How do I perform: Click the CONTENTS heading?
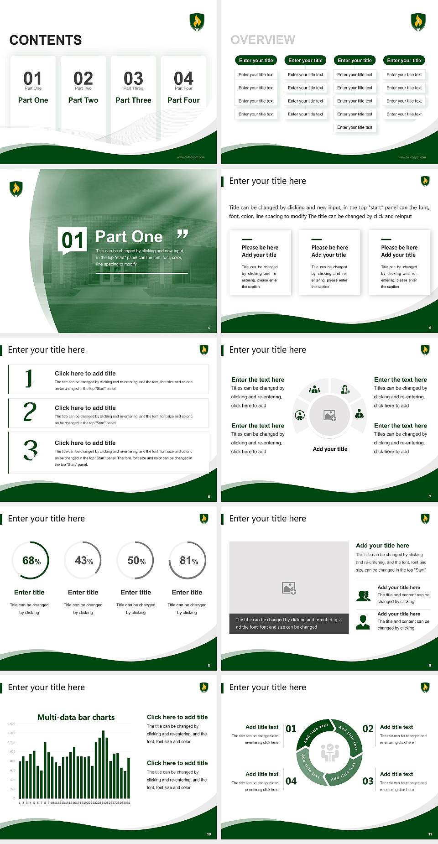[x=46, y=40]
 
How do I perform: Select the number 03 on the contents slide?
[x=133, y=78]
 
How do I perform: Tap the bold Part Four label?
[x=183, y=100]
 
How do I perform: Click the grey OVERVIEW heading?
[x=263, y=40]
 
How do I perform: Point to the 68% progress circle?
[x=31, y=560]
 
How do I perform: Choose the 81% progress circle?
[x=188, y=560]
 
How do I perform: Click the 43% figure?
[x=83, y=560]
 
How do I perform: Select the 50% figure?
[x=136, y=560]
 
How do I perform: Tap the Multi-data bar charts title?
[x=76, y=717]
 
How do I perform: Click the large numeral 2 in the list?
[x=30, y=412]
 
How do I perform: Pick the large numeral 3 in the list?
[x=31, y=450]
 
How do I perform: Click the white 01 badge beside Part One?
[x=73, y=240]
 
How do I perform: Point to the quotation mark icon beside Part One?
[x=182, y=234]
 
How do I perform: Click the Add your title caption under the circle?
[x=330, y=449]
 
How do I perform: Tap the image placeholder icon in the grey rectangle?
[x=289, y=588]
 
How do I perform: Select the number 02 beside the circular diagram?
[x=368, y=729]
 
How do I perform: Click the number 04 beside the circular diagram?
[x=291, y=781]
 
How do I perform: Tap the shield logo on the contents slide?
[x=197, y=22]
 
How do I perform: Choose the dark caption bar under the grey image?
[x=289, y=623]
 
